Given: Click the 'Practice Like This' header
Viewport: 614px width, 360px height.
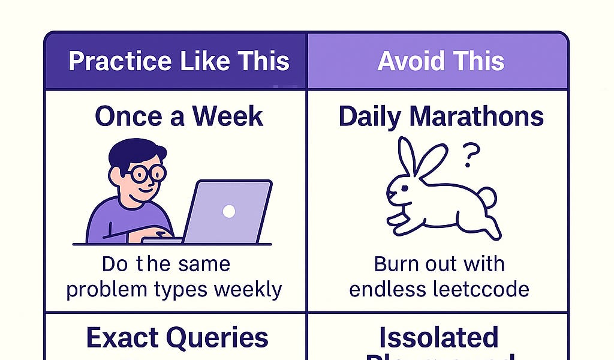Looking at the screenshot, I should click(179, 61).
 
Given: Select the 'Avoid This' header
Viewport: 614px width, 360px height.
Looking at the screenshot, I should click(441, 61).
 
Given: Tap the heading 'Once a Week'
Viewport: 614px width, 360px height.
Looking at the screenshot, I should click(179, 116).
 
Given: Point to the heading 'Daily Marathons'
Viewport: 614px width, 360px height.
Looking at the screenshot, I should click(441, 116).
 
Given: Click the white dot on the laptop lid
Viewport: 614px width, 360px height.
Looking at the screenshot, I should click(228, 211).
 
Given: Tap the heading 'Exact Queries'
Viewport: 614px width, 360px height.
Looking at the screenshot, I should click(177, 338).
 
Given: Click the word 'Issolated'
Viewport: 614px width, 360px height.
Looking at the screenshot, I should click(440, 338).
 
